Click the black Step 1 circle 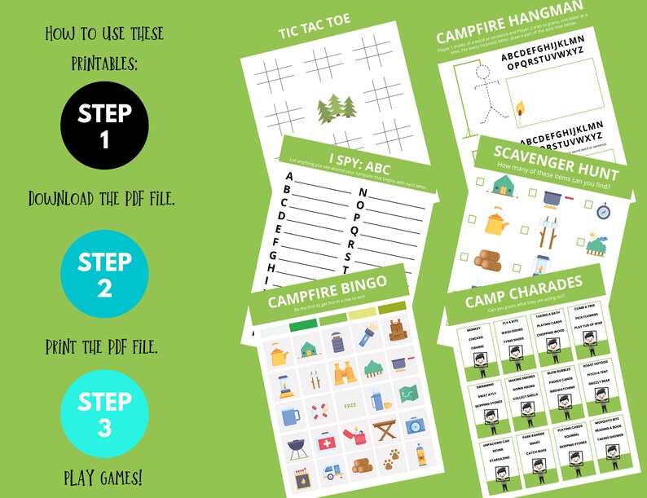104,126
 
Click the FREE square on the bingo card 350,404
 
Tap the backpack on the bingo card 398,329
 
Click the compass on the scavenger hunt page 603,211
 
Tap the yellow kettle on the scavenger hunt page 495,220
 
